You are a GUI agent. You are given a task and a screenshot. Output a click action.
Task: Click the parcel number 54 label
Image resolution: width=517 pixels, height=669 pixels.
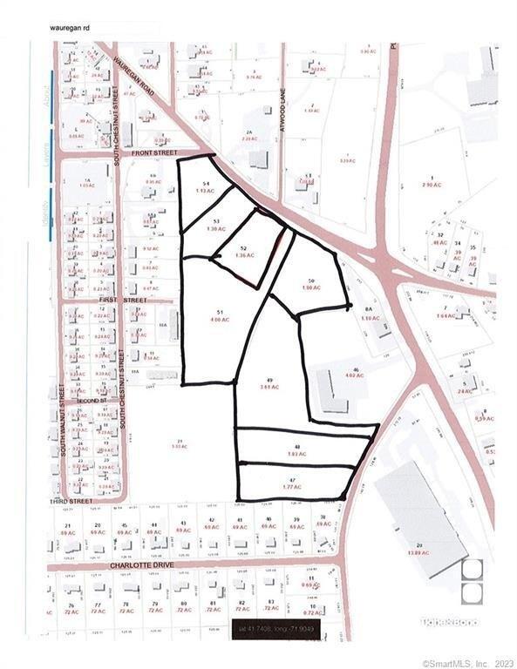click(x=206, y=183)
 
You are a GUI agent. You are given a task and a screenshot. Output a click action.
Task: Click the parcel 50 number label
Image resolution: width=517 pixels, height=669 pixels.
click(x=310, y=280)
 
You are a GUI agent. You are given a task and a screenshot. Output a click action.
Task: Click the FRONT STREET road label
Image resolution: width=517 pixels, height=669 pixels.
click(x=154, y=152)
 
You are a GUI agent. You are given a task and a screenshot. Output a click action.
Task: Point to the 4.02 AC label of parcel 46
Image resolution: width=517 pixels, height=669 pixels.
click(x=355, y=375)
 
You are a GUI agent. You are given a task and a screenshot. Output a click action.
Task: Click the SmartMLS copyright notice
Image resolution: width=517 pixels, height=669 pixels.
click(x=467, y=663)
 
